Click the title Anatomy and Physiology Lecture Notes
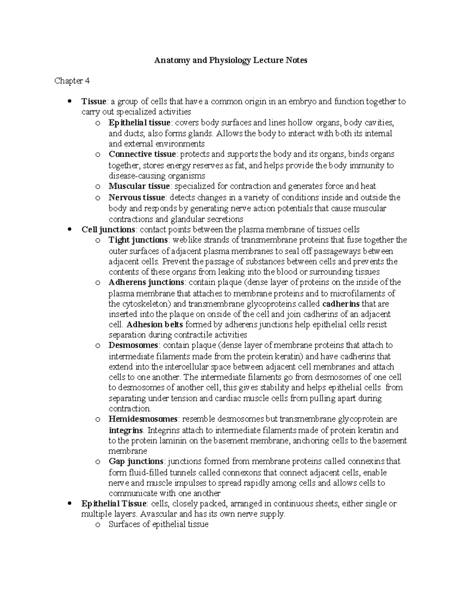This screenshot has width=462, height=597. click(231, 60)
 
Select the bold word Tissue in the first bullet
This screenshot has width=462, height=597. click(94, 101)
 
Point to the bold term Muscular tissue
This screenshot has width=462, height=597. click(139, 186)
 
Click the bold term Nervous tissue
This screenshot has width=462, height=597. click(137, 198)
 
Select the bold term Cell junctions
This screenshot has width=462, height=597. click(108, 229)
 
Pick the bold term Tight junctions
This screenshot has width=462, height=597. click(137, 240)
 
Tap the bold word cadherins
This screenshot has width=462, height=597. click(341, 304)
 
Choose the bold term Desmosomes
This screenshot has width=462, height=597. click(133, 345)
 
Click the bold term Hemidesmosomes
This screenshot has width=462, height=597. click(143, 419)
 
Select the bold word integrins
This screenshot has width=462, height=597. click(126, 430)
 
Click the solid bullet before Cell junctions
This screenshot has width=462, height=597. click(70, 229)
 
